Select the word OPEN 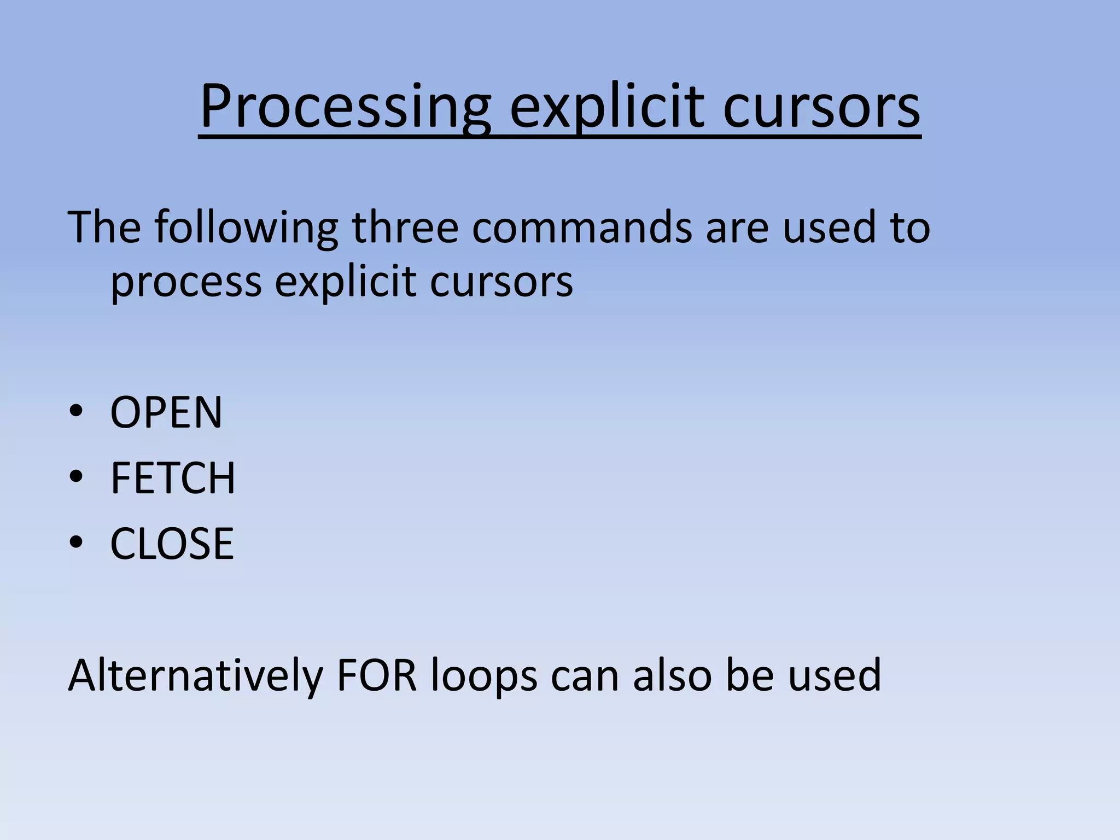click(x=166, y=412)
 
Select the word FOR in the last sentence click(x=377, y=676)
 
